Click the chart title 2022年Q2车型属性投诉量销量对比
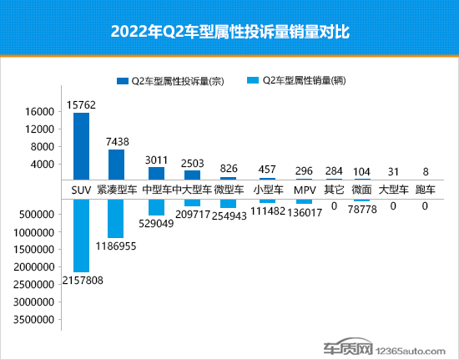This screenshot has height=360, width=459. (229, 33)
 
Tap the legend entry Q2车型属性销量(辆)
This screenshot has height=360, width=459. (304, 81)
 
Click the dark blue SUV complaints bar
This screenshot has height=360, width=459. (81, 146)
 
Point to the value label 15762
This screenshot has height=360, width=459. (81, 105)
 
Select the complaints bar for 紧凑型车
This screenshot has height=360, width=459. (116, 165)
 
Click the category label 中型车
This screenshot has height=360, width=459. (157, 190)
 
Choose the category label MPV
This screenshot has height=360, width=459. (303, 190)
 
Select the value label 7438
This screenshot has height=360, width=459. (116, 142)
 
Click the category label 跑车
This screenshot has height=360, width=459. (426, 190)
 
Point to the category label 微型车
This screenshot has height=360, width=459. (228, 190)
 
